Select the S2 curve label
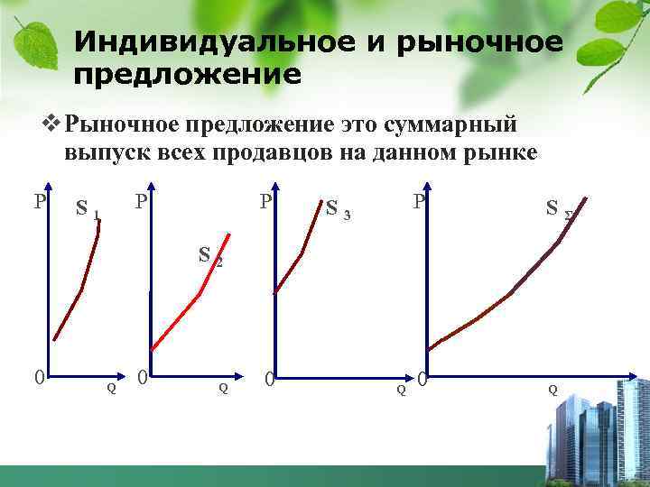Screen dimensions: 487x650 point(209,257)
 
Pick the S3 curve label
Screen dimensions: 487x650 point(338,211)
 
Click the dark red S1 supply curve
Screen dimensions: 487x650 point(81,289)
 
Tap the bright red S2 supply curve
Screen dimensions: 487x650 point(190,302)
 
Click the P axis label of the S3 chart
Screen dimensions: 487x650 point(266,201)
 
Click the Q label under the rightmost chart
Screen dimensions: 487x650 point(552,389)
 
